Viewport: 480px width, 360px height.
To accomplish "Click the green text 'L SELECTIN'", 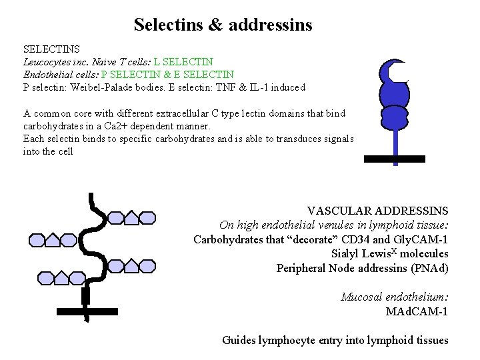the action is [x=183, y=61].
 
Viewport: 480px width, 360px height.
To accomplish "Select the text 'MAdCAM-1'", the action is [x=417, y=311].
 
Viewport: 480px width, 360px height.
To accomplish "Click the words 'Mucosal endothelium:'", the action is [x=394, y=297].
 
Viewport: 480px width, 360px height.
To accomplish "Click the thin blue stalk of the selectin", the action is [x=396, y=143].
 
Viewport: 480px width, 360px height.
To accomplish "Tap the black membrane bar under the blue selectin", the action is [x=394, y=159].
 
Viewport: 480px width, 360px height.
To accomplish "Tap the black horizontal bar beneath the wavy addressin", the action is [x=87, y=311].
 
